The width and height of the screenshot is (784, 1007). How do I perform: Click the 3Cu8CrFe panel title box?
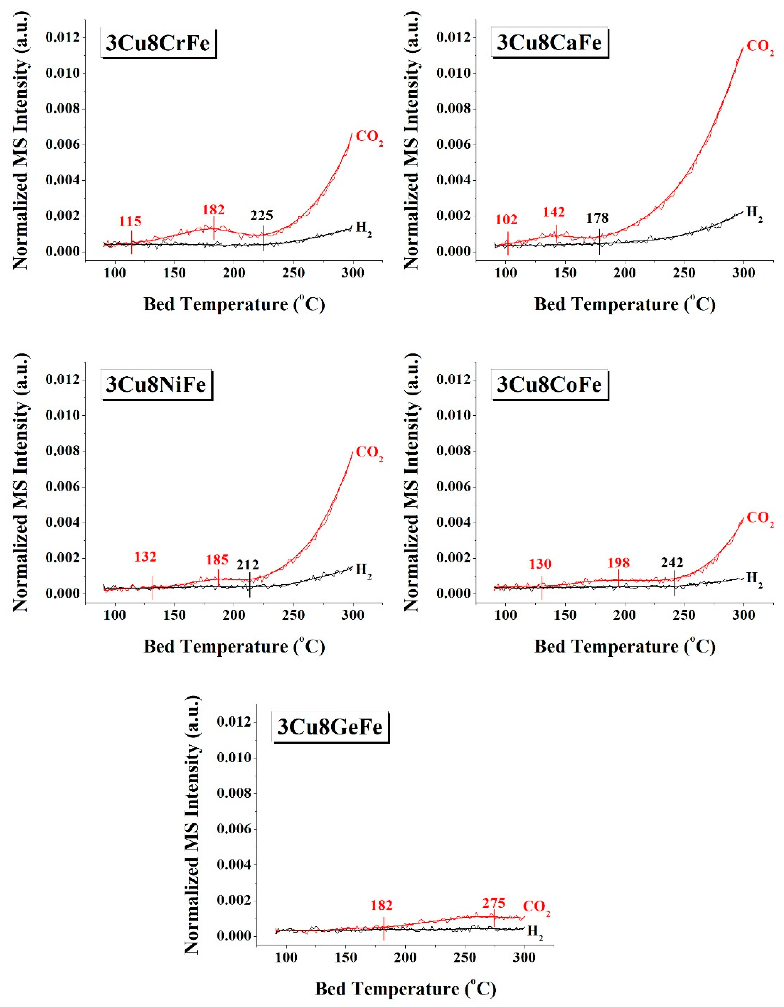click(x=158, y=43)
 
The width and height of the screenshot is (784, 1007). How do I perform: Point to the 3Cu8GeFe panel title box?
click(x=330, y=727)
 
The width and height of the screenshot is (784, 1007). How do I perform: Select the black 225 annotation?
click(x=262, y=215)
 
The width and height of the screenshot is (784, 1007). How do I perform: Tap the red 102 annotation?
click(x=506, y=220)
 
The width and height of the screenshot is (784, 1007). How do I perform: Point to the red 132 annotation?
click(x=145, y=557)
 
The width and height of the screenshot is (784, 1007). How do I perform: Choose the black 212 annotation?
click(x=248, y=565)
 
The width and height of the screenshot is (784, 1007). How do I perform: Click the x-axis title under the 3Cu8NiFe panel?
click(x=234, y=646)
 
